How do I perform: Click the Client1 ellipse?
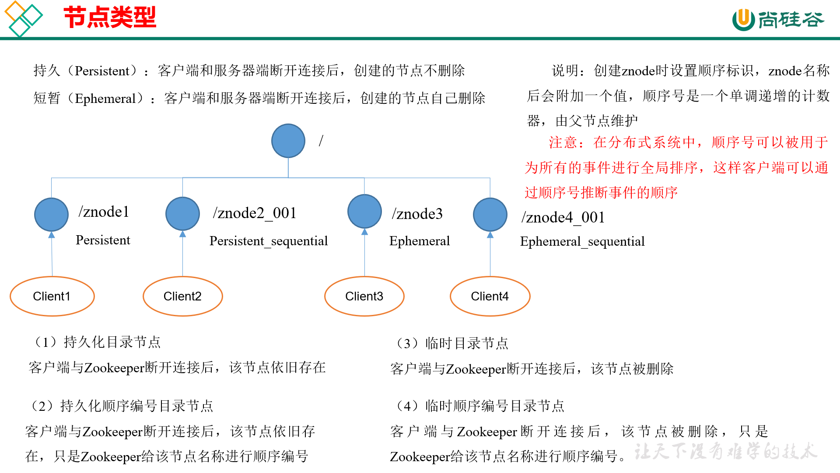coord(52,296)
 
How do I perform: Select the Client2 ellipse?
coord(182,296)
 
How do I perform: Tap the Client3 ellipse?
coord(364,296)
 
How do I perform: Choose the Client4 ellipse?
coord(490,296)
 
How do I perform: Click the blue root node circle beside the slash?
coord(288,141)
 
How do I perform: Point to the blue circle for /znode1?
coord(51,214)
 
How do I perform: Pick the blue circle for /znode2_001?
coord(182,214)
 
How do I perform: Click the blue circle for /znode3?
coord(364,212)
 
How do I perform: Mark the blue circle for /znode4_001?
coord(490,215)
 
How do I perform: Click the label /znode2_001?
coord(255,213)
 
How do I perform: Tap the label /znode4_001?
coord(563,218)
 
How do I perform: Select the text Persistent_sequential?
coord(268,241)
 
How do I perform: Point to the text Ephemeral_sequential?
coord(582,241)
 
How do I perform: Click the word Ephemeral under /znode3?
coord(419,241)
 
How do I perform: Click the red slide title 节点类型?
coord(110,18)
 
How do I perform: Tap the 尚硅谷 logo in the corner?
coord(778,20)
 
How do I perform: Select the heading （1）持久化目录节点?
coord(97,342)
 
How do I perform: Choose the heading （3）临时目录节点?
coord(451,343)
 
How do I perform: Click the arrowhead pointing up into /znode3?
coord(364,232)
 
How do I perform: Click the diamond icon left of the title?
coord(23,18)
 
